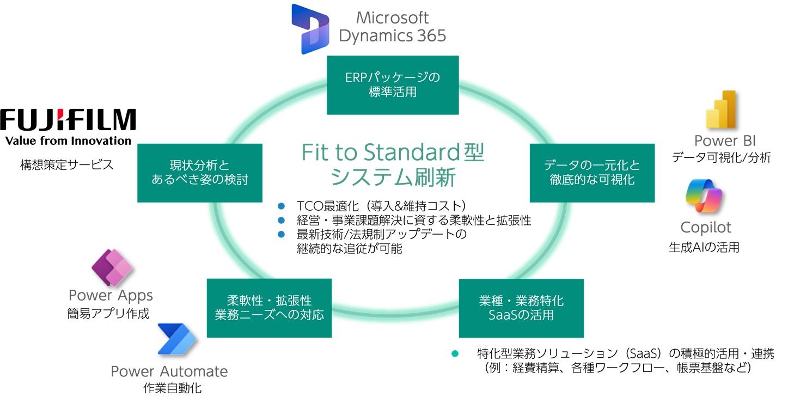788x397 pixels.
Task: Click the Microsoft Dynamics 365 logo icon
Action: (310, 28)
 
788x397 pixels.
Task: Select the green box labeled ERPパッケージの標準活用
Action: (393, 85)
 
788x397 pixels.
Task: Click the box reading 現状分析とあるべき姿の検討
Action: (200, 172)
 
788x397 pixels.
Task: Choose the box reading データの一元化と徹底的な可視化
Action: (592, 173)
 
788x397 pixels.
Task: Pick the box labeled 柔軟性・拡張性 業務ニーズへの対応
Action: (270, 308)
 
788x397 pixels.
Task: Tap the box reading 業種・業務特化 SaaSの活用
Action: (521, 308)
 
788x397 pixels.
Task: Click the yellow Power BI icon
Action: (720, 109)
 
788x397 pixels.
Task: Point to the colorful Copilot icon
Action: (704, 196)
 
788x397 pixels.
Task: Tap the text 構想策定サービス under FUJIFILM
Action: (67, 164)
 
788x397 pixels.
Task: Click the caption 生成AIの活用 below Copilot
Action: (704, 247)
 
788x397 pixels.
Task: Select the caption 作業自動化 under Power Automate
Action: (169, 388)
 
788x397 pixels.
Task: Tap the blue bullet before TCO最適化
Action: (282, 206)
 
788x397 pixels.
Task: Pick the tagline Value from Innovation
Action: (68, 141)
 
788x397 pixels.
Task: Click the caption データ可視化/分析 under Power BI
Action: (720, 158)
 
